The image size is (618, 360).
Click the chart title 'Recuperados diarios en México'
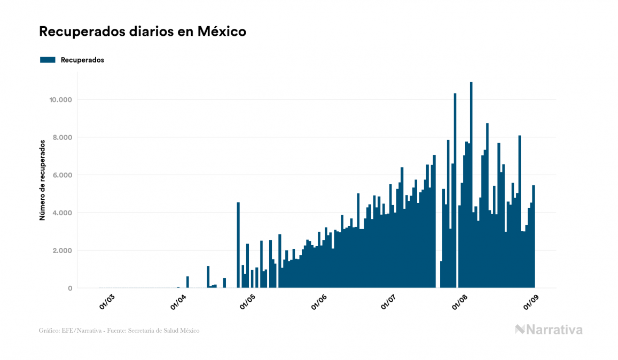point(143,32)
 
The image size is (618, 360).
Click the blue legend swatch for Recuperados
point(48,60)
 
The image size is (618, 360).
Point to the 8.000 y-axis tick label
point(62,137)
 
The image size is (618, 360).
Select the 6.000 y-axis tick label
point(62,175)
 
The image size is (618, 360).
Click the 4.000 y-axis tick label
point(62,213)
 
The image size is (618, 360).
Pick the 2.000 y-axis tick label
point(62,251)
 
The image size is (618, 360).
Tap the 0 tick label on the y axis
point(69,288)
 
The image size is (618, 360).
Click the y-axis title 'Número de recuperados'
point(42,179)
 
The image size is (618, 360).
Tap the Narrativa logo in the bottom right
point(549,330)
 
